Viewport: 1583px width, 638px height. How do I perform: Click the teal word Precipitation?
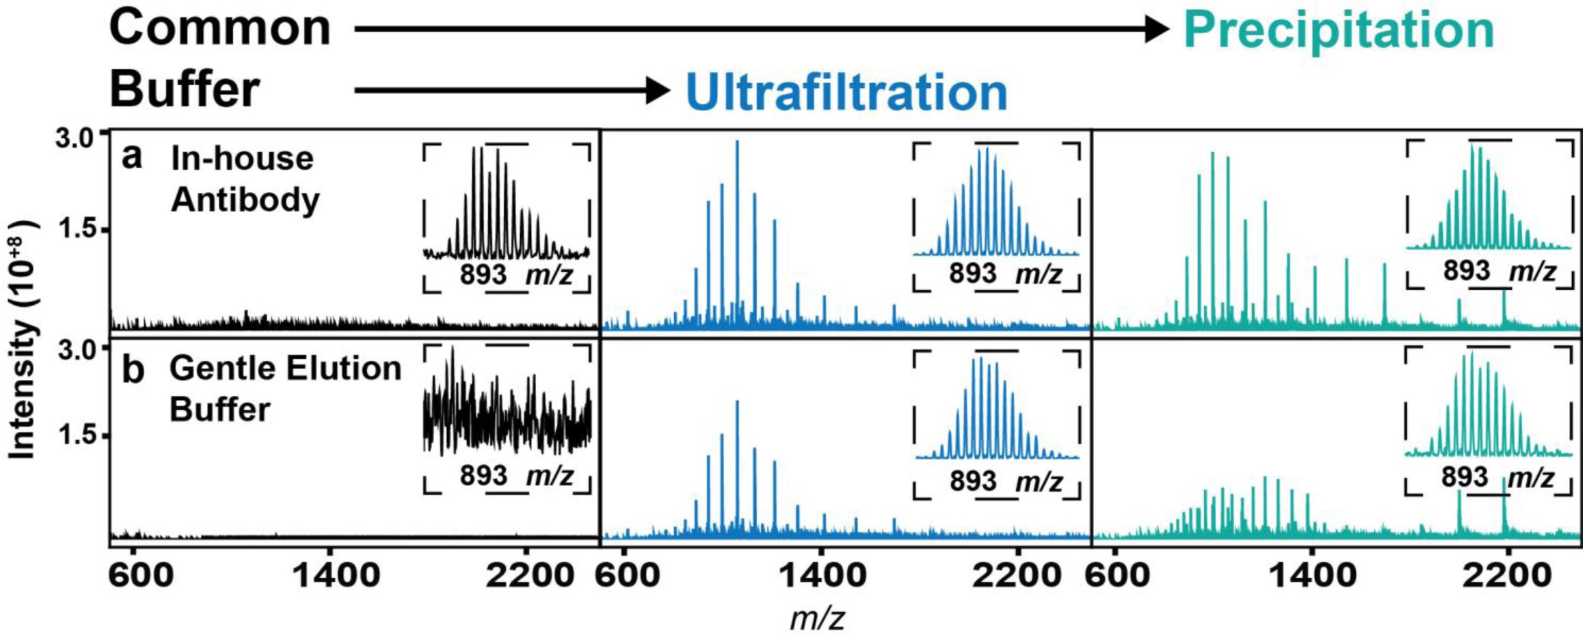[1339, 30]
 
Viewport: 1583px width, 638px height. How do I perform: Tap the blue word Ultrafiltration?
[847, 93]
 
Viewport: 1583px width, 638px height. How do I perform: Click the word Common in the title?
[220, 28]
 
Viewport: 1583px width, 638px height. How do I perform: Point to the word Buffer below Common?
[185, 90]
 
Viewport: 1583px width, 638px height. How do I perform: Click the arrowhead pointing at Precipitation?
[1156, 29]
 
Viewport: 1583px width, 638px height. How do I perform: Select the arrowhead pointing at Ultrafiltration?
[657, 90]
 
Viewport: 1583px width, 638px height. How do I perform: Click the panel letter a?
[132, 157]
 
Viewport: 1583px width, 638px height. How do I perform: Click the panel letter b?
[133, 370]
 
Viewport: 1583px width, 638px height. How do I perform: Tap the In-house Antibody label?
[243, 179]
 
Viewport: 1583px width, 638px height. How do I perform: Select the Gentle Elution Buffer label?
[284, 389]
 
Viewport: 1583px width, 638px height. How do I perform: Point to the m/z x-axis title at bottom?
[817, 618]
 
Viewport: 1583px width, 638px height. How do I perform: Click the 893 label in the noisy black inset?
[483, 476]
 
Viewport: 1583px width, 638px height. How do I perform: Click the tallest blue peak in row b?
[737, 403]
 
